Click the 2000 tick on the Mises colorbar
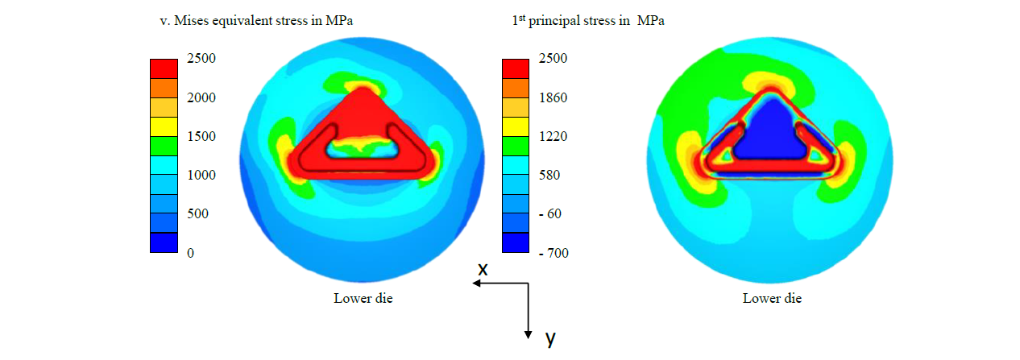(202, 97)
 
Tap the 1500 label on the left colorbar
(202, 136)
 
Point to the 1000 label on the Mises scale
(202, 175)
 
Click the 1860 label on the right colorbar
(554, 97)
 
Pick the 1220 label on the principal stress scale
(554, 136)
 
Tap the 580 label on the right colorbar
(550, 175)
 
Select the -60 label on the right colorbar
(551, 213)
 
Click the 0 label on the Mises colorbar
(191, 253)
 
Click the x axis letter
(483, 270)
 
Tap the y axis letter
(550, 339)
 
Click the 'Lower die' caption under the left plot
(363, 298)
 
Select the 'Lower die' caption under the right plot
(772, 298)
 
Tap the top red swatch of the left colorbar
(164, 68)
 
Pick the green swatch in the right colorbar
(516, 145)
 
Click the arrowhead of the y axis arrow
(529, 334)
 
